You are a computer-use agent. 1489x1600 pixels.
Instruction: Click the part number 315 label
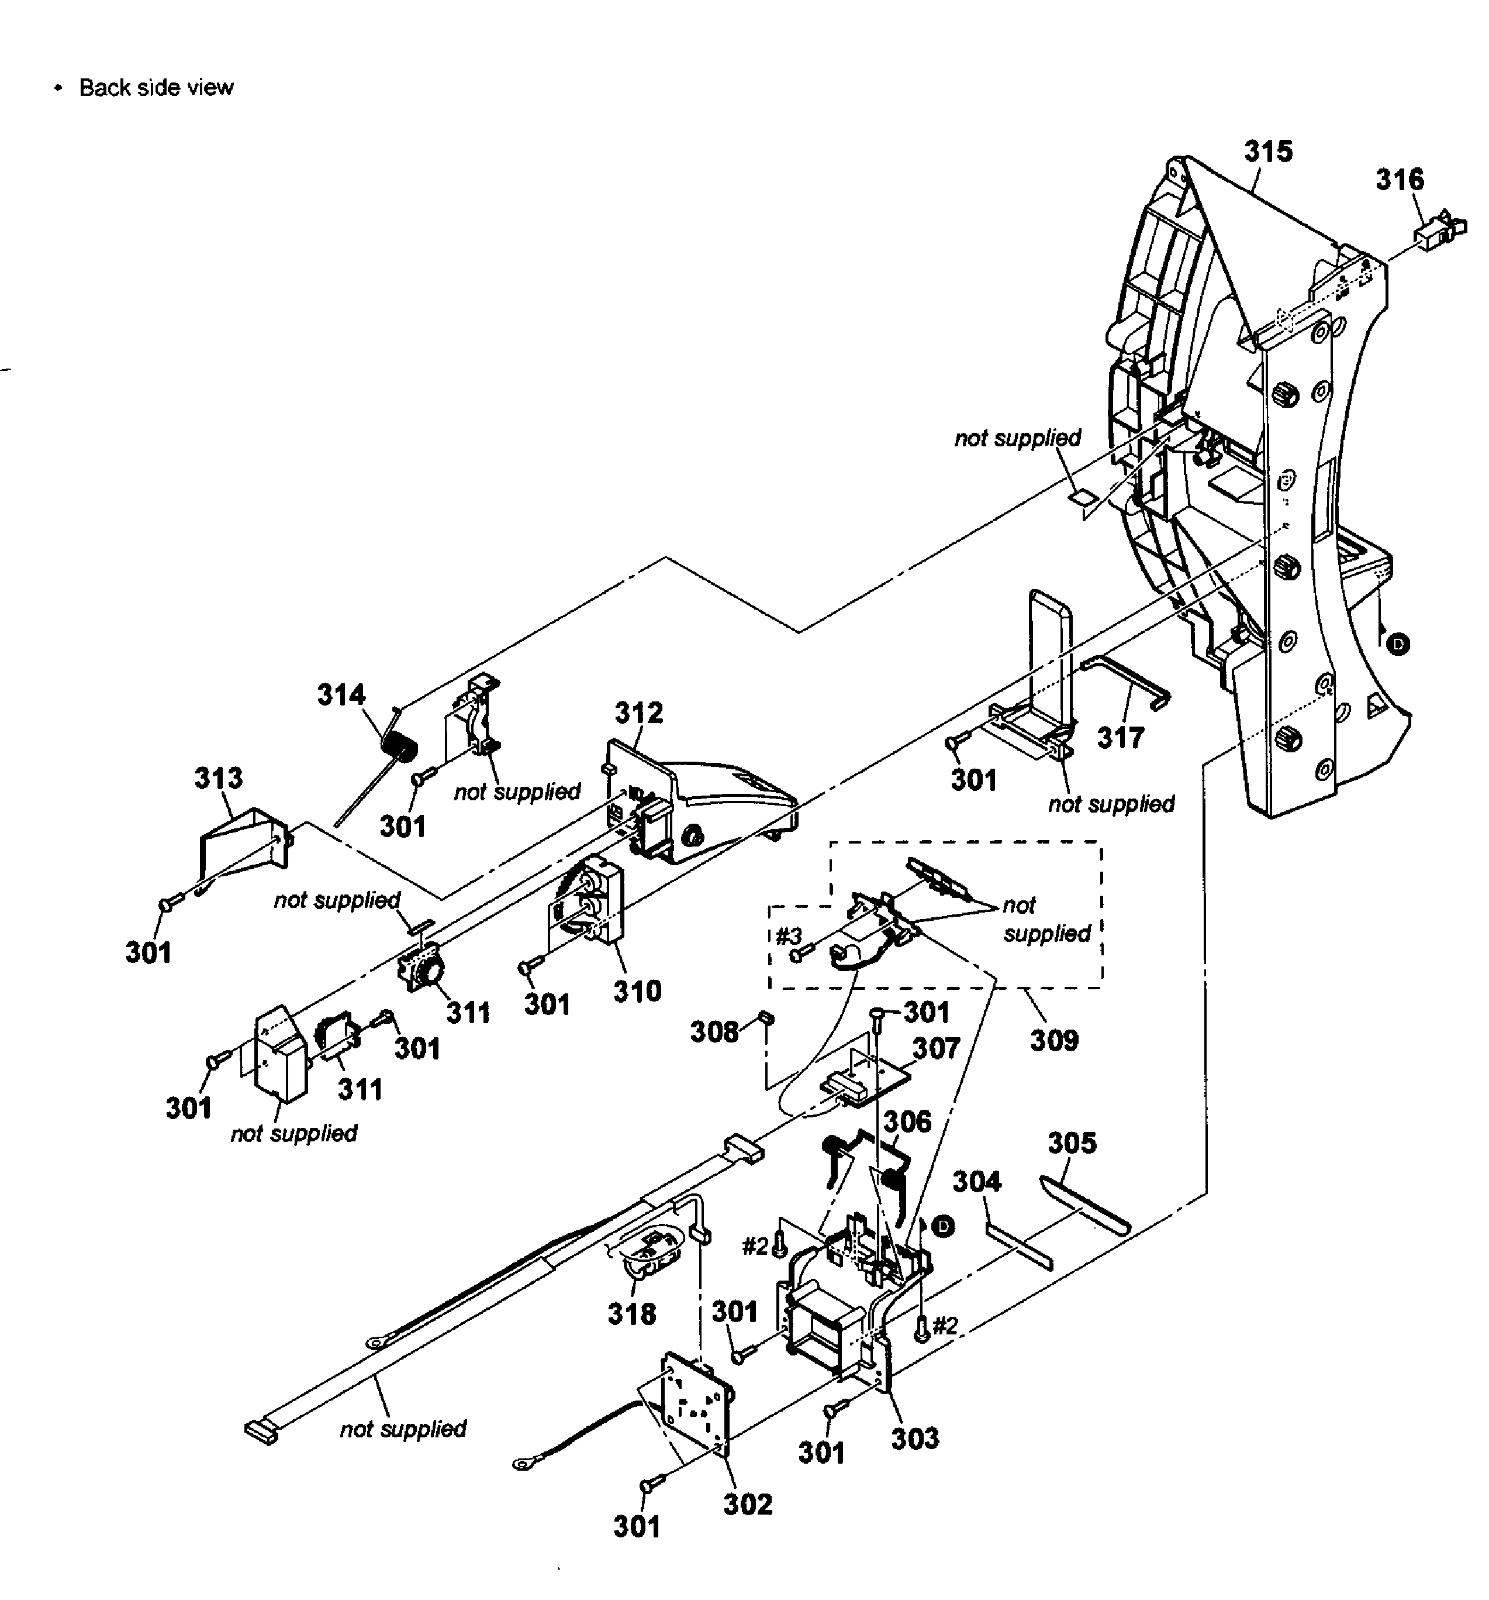click(1268, 152)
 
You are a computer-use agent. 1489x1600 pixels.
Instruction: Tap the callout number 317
click(1121, 737)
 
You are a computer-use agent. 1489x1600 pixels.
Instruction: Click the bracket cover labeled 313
click(241, 842)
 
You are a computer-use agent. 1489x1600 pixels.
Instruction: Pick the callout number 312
click(639, 713)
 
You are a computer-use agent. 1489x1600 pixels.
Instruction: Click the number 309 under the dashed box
click(1054, 1040)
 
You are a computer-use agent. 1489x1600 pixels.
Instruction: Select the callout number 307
click(937, 1048)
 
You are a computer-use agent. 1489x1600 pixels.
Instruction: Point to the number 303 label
click(915, 1438)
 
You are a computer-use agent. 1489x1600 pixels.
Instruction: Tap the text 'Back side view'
click(156, 88)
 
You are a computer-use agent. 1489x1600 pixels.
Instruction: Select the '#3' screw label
click(788, 936)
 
